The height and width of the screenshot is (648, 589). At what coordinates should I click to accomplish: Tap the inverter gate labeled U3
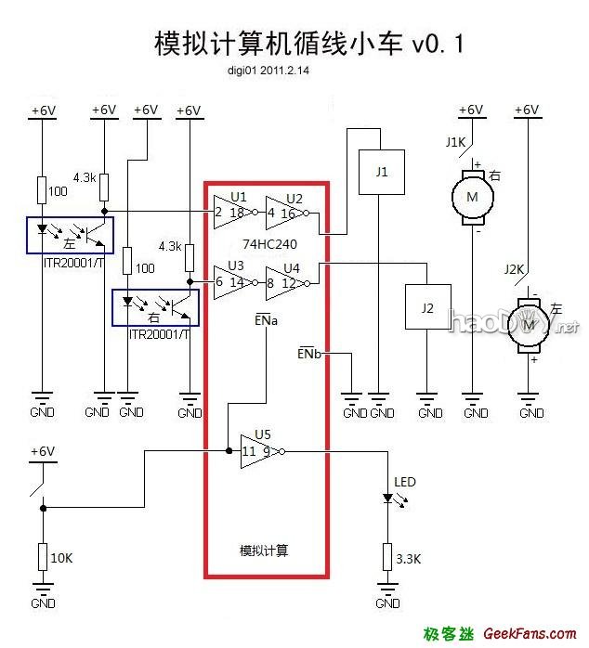(x=229, y=281)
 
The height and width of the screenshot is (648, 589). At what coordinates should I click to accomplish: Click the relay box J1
(x=382, y=173)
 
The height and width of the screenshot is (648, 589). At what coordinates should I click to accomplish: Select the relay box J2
(x=426, y=307)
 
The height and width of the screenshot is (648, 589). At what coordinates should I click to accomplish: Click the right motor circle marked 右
(x=472, y=197)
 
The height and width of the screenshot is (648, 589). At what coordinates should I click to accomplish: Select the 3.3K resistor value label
(x=408, y=559)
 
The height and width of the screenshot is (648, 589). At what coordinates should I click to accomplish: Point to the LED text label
(x=405, y=482)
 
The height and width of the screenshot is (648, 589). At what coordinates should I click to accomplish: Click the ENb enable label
(x=309, y=354)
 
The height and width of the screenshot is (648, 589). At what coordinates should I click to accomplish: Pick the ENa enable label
(x=268, y=319)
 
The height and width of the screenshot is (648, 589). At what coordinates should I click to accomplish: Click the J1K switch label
(x=456, y=142)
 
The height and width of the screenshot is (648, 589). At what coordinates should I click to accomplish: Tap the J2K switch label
(x=514, y=269)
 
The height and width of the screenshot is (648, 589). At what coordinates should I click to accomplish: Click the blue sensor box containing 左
(x=71, y=234)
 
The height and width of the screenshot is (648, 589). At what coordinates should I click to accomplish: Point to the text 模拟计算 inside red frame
(x=264, y=551)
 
